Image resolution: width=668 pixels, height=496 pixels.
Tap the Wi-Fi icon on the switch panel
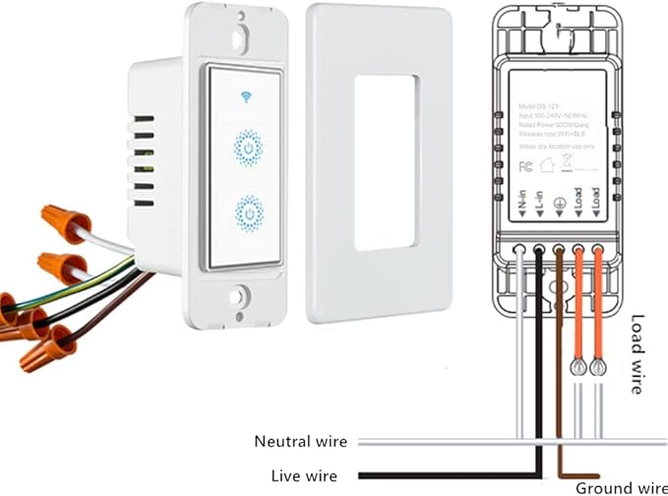tap(244, 96)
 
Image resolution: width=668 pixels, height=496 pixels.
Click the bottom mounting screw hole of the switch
tap(238, 295)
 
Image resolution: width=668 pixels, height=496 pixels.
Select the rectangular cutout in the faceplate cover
tap(377, 160)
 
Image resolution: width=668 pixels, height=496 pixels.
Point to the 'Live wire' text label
tap(304, 476)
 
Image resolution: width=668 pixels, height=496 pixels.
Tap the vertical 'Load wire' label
tap(638, 354)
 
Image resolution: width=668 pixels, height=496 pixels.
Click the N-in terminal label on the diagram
tap(521, 203)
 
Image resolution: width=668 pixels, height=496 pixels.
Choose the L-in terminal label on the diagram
tap(540, 203)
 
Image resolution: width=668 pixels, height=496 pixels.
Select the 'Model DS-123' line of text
tap(535, 103)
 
